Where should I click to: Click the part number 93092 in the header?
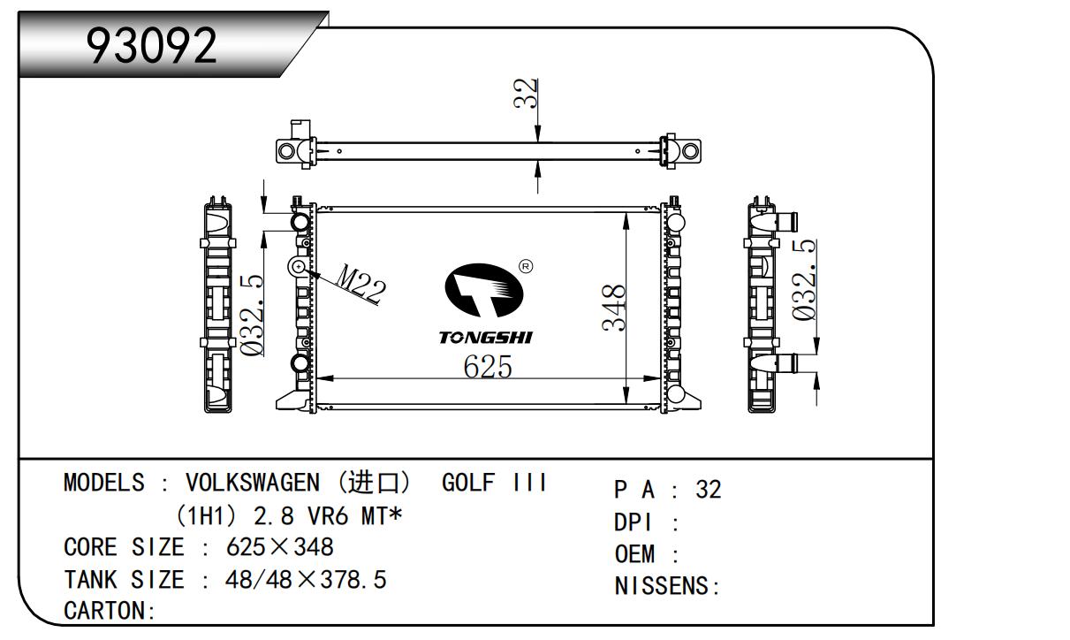click(x=152, y=45)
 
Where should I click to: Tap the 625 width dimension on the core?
click(x=488, y=367)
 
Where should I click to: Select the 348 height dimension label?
click(x=613, y=308)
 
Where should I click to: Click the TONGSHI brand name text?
click(x=485, y=338)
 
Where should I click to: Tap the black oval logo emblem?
click(x=484, y=290)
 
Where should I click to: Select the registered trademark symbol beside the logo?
click(x=526, y=266)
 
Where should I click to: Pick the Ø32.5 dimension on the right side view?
click(x=803, y=279)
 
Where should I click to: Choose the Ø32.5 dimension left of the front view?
click(x=251, y=316)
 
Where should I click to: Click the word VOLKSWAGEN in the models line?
click(x=252, y=483)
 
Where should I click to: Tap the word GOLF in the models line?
click(x=468, y=483)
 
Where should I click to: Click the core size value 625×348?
click(x=279, y=547)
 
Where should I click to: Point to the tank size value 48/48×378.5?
click(x=306, y=580)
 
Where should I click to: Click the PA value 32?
click(x=709, y=490)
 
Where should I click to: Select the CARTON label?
click(x=104, y=611)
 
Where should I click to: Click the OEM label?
click(x=634, y=554)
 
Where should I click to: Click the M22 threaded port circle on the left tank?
click(x=298, y=266)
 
